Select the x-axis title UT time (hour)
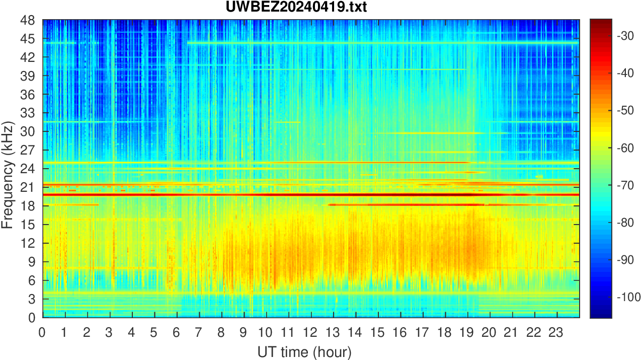pos(304,351)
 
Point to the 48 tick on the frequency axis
pos(28,21)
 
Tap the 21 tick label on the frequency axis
pos(28,187)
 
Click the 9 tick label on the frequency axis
pos(31,262)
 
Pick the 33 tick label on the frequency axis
pos(28,113)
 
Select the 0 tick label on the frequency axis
pos(31,317)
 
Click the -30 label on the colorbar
pos(627,36)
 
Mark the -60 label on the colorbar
pos(627,148)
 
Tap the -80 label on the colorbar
pos(627,223)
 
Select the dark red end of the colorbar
pos(601,23)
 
